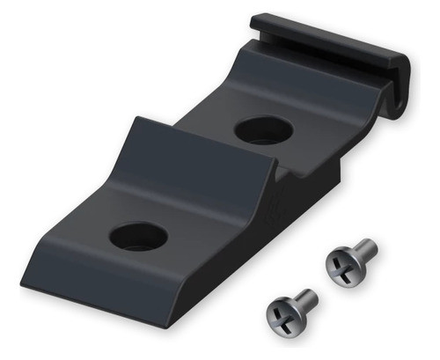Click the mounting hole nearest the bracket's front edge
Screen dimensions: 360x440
[x=139, y=235]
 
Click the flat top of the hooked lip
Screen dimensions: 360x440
[x=326, y=35]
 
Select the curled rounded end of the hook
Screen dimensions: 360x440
[x=400, y=88]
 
